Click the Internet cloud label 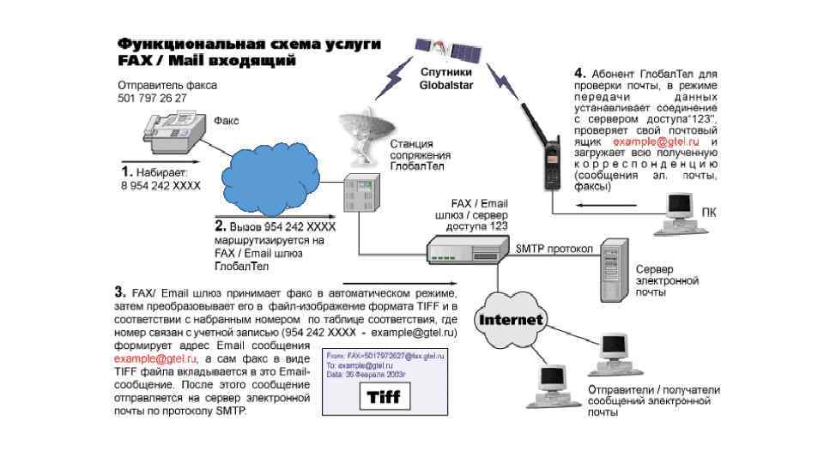coord(512,320)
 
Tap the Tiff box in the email coord(384,398)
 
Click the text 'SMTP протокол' coord(554,249)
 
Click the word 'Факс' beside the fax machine coord(226,120)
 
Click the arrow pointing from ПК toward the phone coord(606,206)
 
